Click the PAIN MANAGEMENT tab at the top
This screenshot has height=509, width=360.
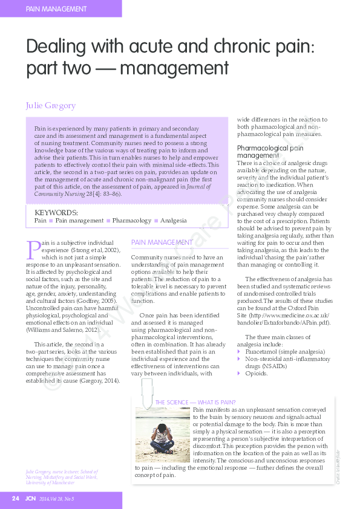click(x=56, y=9)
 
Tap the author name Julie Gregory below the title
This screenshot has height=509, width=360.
click(x=50, y=105)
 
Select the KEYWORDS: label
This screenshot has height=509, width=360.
click(x=56, y=213)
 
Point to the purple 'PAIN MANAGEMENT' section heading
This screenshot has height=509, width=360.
click(x=162, y=242)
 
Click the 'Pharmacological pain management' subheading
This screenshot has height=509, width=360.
click(x=269, y=152)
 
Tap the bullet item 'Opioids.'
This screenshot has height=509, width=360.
click(x=256, y=373)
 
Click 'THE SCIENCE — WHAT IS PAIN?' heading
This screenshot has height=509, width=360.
click(x=195, y=402)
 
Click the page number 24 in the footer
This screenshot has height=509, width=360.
click(x=16, y=499)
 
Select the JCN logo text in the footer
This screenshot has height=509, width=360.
click(x=30, y=499)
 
